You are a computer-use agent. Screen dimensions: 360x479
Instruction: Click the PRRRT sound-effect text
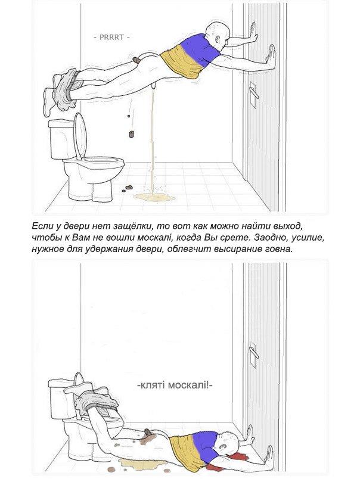point(111,37)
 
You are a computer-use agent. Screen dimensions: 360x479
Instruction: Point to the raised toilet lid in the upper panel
point(80,136)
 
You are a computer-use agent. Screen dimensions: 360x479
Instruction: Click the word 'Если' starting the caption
point(42,227)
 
